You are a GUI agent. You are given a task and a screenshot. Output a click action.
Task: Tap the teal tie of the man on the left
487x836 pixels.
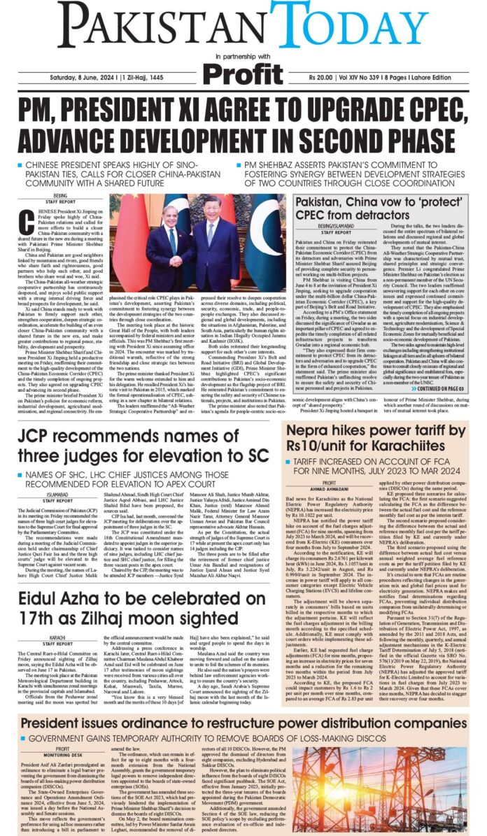coord(173,239)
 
